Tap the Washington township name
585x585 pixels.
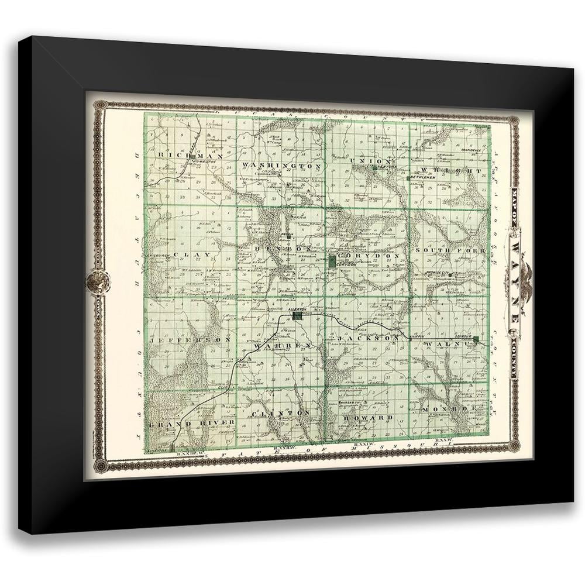tap(281, 166)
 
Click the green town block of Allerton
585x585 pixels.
tap(298, 315)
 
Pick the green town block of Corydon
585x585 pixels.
tap(332, 261)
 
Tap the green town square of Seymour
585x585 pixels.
tap(476, 340)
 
